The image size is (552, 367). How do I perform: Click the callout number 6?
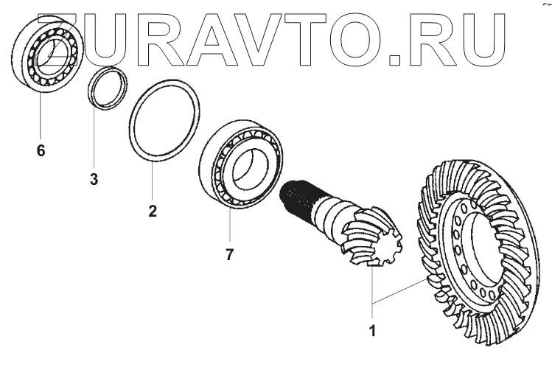pos(41,151)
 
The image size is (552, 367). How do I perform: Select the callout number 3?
pos(94,179)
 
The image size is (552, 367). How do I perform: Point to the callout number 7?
pos(230,255)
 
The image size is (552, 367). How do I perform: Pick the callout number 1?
pos(374,331)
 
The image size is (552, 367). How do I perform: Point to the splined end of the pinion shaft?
pos(298,197)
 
